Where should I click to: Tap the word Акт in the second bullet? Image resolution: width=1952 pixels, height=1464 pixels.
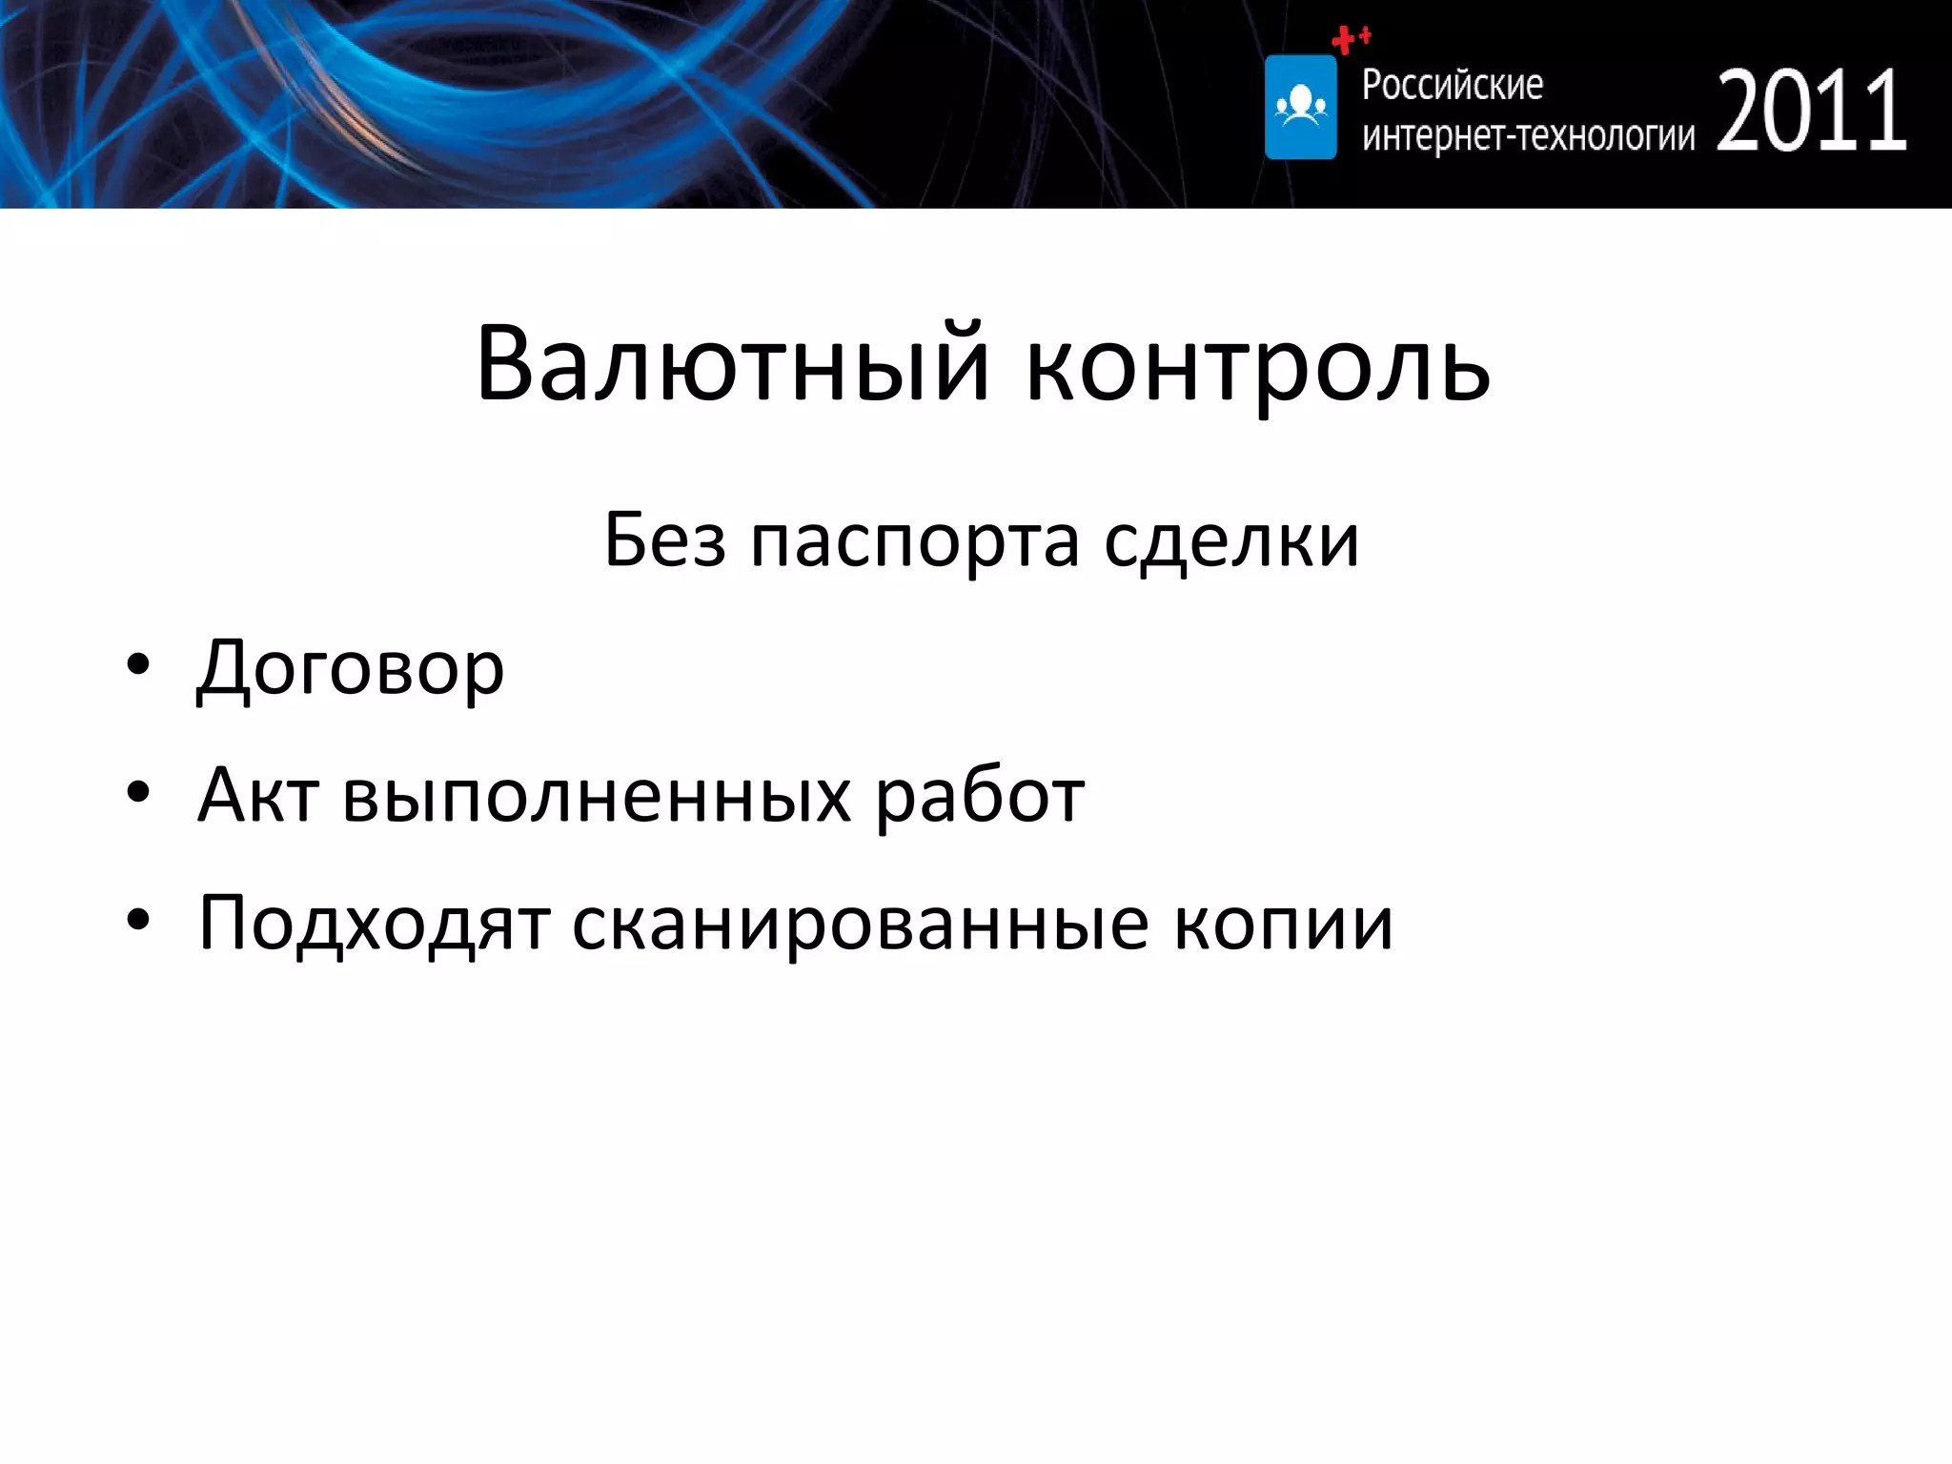click(x=257, y=795)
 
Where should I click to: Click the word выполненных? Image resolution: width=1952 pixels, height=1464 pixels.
click(x=597, y=797)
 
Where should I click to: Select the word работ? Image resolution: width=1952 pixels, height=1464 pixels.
click(x=980, y=797)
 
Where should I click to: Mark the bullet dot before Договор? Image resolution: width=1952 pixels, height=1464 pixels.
click(x=138, y=665)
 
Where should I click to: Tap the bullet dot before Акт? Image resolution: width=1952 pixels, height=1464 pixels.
click(x=138, y=792)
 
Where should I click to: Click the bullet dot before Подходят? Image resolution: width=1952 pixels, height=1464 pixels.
click(x=138, y=920)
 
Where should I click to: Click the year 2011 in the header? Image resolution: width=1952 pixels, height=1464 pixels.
click(x=1811, y=112)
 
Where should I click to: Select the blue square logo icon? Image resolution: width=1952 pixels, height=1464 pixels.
click(x=1300, y=107)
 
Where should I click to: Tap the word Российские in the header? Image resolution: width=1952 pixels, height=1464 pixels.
click(x=1452, y=86)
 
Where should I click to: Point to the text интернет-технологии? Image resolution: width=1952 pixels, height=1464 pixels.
click(x=1528, y=136)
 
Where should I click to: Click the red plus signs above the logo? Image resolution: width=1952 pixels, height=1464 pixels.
click(x=1350, y=40)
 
